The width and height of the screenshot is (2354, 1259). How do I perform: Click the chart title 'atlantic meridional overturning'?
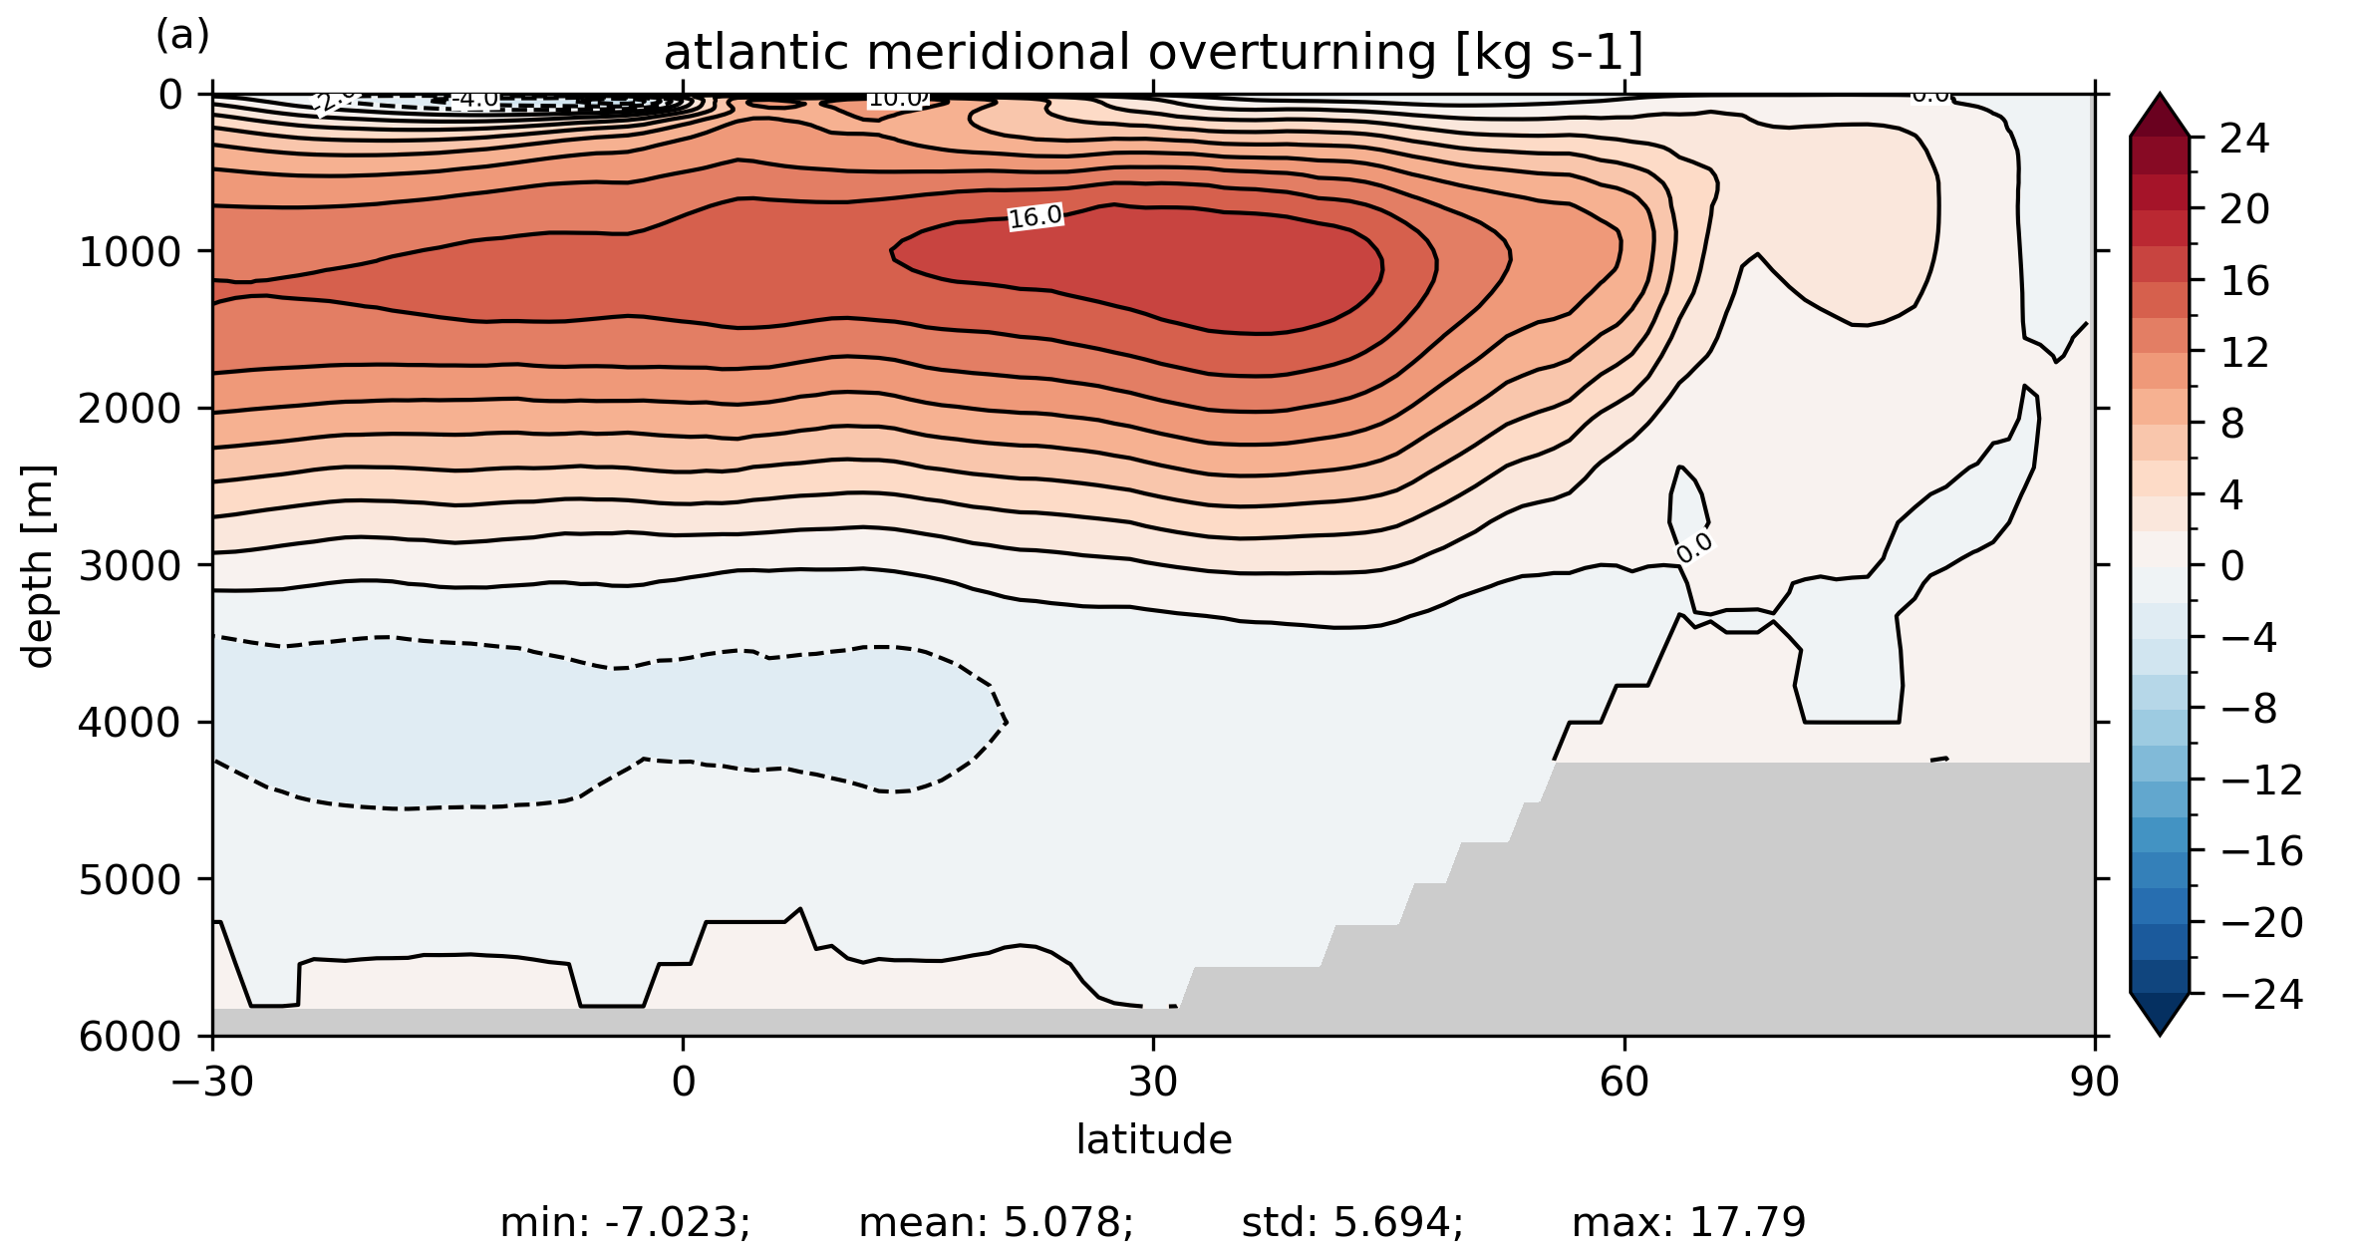point(1153,53)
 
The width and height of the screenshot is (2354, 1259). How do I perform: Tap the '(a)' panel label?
point(182,36)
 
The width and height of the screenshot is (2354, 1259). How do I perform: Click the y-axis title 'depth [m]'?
point(38,565)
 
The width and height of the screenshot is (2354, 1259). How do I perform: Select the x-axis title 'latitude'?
point(1153,1139)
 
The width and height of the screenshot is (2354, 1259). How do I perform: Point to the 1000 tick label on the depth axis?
point(131,252)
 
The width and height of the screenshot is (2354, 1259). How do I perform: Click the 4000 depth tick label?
point(131,723)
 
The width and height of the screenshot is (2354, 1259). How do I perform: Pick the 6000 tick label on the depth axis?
point(131,1037)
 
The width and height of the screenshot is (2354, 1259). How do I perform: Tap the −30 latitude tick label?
point(212,1082)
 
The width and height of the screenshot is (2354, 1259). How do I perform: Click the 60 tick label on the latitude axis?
point(1624,1082)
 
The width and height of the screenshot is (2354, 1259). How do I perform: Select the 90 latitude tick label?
point(2094,1082)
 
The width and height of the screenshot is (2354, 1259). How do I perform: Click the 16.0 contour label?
point(1035,216)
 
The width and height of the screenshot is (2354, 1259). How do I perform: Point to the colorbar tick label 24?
point(2244,139)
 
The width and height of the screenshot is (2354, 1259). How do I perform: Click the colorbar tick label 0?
point(2232,566)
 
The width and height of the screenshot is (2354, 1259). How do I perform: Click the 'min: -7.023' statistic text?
point(625,1223)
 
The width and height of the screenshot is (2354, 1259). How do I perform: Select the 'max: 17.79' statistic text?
point(1688,1223)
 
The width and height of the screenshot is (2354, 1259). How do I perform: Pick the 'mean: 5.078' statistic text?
point(996,1223)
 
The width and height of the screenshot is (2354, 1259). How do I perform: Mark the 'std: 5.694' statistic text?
point(1352,1223)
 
